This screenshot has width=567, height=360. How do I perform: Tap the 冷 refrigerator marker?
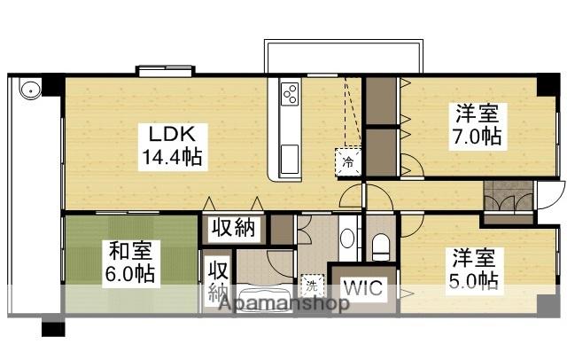(348, 161)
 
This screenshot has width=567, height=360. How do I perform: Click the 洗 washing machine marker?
(312, 286)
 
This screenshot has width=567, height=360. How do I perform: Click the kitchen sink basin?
(291, 159)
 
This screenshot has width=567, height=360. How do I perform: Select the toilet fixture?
(381, 245)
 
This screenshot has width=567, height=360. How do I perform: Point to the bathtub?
(258, 298)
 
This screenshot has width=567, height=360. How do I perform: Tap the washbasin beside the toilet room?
(347, 238)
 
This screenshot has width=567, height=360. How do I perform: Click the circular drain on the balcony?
(29, 90)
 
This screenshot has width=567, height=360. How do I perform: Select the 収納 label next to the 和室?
(217, 278)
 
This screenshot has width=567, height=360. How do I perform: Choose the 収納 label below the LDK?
(235, 228)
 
